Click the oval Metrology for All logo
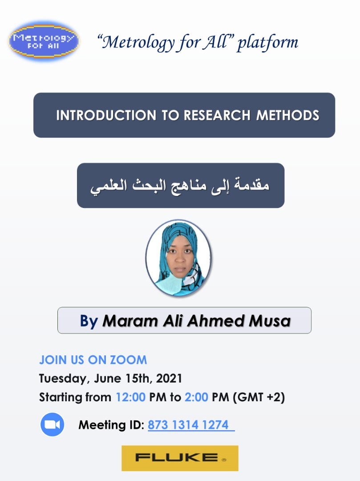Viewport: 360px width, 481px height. pyautogui.click(x=44, y=41)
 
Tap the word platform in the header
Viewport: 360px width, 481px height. pyautogui.click(x=268, y=43)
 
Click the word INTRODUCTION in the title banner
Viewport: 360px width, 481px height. pyautogui.click(x=106, y=115)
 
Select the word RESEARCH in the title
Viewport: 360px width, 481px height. pyautogui.click(x=217, y=115)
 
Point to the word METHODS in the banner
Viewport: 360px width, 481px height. pyautogui.click(x=288, y=115)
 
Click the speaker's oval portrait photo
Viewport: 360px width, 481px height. pyautogui.click(x=178, y=258)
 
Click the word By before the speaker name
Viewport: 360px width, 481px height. pyautogui.click(x=89, y=321)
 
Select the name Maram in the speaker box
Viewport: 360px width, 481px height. pyautogui.click(x=130, y=321)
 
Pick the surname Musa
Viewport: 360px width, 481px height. pyautogui.click(x=270, y=321)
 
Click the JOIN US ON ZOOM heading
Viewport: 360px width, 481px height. pyautogui.click(x=93, y=360)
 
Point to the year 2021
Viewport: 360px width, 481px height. pyautogui.click(x=169, y=378)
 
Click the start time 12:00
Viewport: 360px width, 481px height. pyautogui.click(x=130, y=397)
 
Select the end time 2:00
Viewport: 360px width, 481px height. pyautogui.click(x=196, y=397)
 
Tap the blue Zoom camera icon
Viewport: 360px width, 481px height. pyautogui.click(x=53, y=424)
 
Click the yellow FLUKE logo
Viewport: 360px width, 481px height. pyautogui.click(x=180, y=458)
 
